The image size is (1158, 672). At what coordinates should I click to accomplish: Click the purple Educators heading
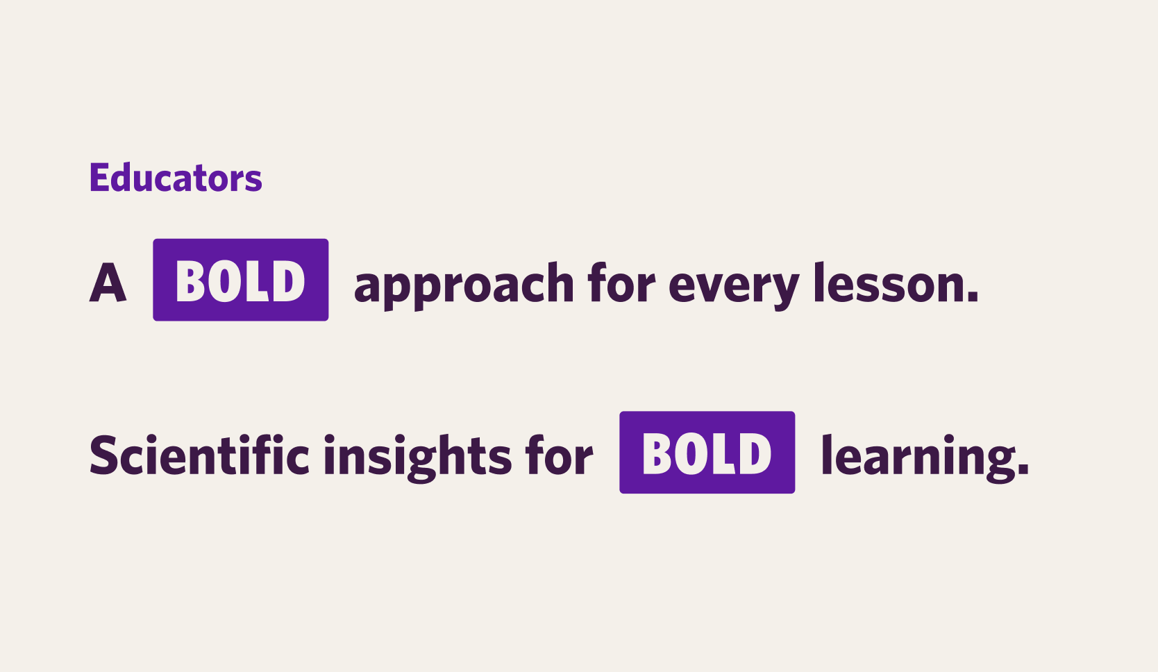(176, 177)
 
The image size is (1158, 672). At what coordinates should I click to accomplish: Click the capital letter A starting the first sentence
(108, 283)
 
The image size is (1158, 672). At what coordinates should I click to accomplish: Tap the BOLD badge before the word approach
(241, 280)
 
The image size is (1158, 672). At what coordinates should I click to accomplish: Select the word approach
(464, 285)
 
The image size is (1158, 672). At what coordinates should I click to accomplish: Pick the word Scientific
(199, 455)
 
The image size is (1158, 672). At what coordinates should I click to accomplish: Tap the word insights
(418, 458)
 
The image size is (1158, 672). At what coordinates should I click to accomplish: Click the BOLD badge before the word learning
(707, 453)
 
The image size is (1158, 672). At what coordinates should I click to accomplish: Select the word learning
(912, 458)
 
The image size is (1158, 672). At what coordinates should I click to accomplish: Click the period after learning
(1023, 469)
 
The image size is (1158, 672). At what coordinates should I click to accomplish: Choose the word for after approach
(621, 283)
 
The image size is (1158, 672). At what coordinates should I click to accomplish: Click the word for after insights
(559, 455)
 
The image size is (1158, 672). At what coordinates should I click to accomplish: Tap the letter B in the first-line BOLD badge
(191, 280)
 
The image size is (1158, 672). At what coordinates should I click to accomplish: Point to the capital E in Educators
(99, 177)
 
